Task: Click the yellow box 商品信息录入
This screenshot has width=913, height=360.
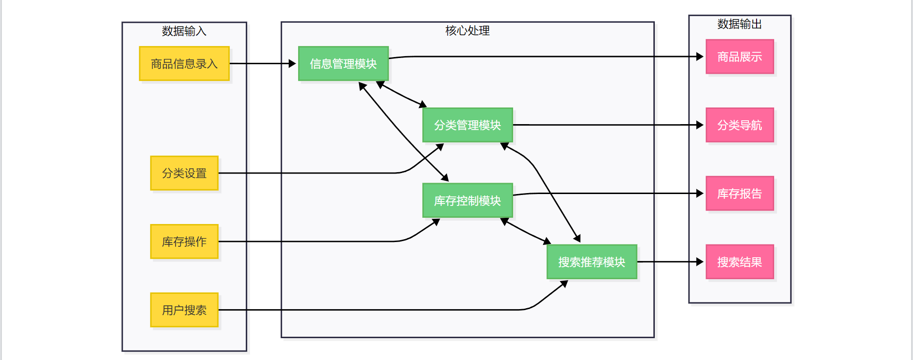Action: pyautogui.click(x=184, y=64)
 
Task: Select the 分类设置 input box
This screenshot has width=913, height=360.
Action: pyautogui.click(x=184, y=173)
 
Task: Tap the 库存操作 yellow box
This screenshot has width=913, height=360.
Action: pyautogui.click(x=184, y=242)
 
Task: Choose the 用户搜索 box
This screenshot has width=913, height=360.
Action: pyautogui.click(x=184, y=310)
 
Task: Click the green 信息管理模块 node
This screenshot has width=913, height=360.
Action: pyautogui.click(x=343, y=64)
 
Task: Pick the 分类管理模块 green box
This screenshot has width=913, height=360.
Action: pyautogui.click(x=467, y=125)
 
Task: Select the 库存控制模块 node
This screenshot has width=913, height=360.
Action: pyautogui.click(x=467, y=201)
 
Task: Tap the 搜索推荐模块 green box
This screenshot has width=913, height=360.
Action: pyautogui.click(x=592, y=262)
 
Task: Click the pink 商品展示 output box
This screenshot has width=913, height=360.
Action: pyautogui.click(x=739, y=57)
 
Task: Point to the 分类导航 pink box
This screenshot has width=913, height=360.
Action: pyautogui.click(x=739, y=125)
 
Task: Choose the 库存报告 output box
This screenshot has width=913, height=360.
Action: pyautogui.click(x=739, y=194)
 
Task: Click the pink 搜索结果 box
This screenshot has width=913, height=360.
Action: pyautogui.click(x=739, y=262)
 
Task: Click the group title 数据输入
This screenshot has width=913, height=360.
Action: pyautogui.click(x=184, y=31)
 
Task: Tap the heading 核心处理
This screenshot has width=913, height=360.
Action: pyautogui.click(x=467, y=31)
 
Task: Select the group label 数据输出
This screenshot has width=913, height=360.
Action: pyautogui.click(x=739, y=24)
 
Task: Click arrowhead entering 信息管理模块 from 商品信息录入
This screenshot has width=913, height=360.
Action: pyautogui.click(x=292, y=64)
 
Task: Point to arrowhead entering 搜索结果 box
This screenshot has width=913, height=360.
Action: pyautogui.click(x=700, y=262)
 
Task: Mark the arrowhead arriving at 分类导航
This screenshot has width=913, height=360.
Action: pyautogui.click(x=700, y=125)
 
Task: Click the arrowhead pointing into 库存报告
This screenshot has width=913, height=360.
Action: pyautogui.click(x=700, y=194)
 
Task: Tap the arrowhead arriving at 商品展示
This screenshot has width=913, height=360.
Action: pyautogui.click(x=700, y=57)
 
